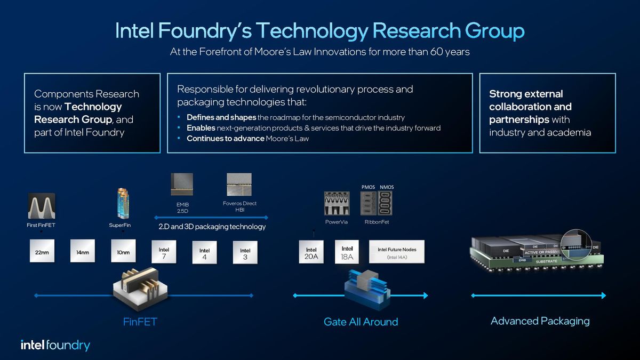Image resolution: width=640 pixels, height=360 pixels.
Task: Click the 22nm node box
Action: (x=42, y=252)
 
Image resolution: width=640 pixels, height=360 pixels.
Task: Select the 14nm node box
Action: (x=83, y=252)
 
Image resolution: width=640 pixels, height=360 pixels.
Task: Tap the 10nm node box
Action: (x=124, y=252)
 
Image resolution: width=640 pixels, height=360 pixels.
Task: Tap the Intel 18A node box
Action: (x=347, y=252)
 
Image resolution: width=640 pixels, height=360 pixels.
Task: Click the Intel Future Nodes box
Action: (x=397, y=252)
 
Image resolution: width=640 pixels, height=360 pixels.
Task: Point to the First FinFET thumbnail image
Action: (x=42, y=206)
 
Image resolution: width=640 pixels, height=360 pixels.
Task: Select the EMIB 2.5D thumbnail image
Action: (x=182, y=185)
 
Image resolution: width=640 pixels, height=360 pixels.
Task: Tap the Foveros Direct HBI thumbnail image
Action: (x=239, y=185)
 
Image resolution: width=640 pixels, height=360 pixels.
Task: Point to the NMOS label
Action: (x=386, y=187)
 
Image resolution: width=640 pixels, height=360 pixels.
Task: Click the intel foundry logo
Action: (x=55, y=345)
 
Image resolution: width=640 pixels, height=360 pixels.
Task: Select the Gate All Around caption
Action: (x=361, y=322)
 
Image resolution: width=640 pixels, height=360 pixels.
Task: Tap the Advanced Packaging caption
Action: (x=540, y=321)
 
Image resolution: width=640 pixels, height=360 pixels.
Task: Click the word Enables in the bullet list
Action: (x=201, y=128)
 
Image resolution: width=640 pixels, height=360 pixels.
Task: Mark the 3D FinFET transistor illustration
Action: (x=140, y=287)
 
